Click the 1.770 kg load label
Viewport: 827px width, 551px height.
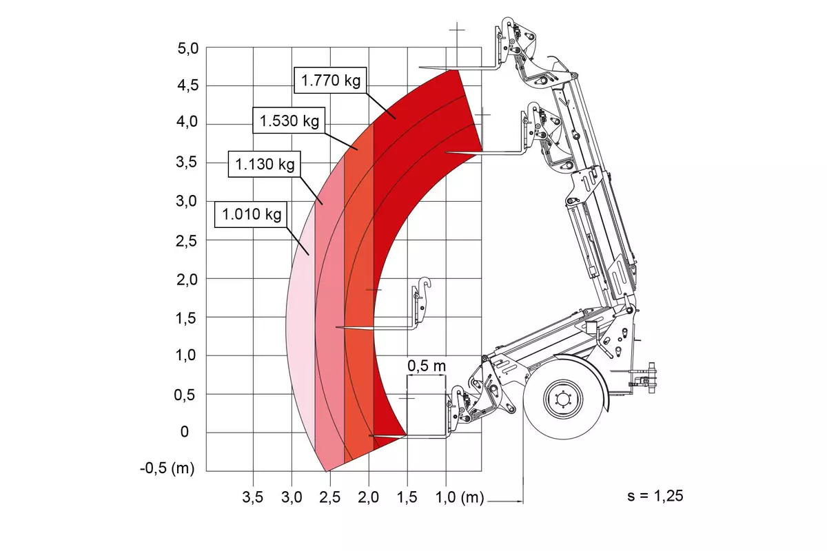[x=330, y=80]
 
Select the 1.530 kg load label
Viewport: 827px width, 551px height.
[x=289, y=121]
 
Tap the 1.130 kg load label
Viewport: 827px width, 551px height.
[x=265, y=164]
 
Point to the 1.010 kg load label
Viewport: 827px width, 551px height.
[x=251, y=214]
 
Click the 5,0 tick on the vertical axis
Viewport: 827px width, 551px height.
[x=188, y=49]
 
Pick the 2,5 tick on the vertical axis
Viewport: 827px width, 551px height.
[x=187, y=241]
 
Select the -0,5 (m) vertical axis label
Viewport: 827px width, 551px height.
[x=167, y=468]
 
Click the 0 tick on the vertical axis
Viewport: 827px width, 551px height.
[x=184, y=431]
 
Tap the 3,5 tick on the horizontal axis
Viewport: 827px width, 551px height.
[x=252, y=497]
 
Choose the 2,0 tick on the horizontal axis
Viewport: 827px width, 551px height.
[x=368, y=497]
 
